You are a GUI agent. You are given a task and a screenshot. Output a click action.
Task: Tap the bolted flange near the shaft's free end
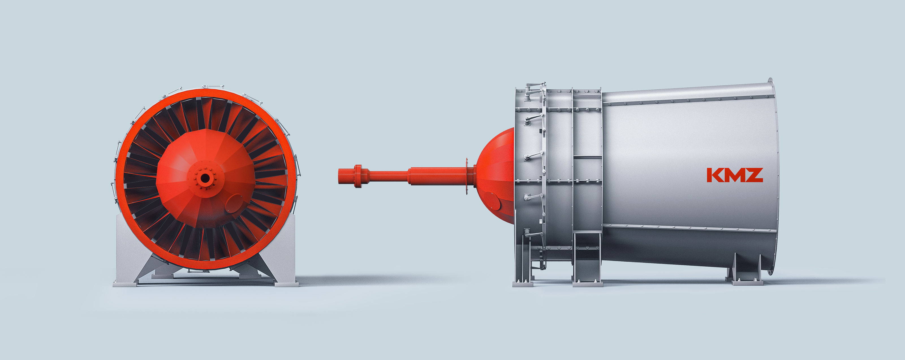[358, 176]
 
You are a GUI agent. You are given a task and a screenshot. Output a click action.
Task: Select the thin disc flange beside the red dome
[467, 176]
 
